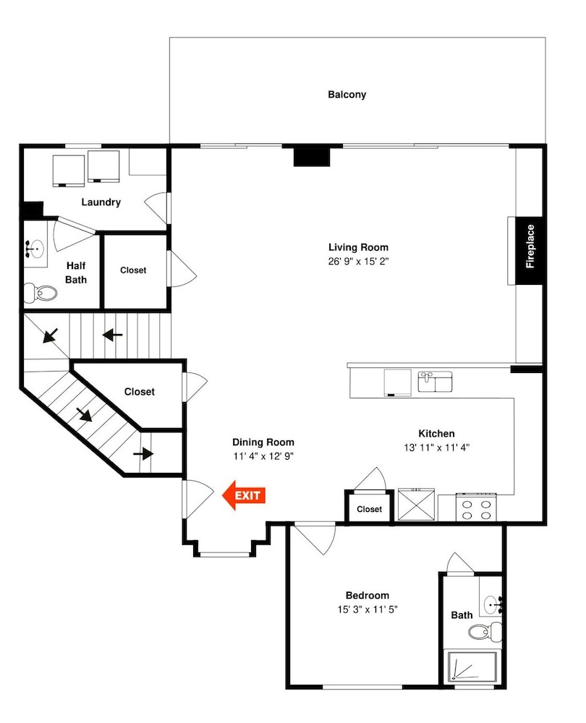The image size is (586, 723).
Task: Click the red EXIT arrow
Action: tap(244, 495)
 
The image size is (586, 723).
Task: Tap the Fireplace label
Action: tap(530, 247)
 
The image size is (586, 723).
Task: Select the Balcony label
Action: tap(347, 95)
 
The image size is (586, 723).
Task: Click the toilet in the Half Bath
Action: tap(41, 293)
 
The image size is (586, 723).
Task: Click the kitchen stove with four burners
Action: tap(476, 508)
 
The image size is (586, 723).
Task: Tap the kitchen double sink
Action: tap(435, 382)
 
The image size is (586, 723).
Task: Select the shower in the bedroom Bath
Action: tap(472, 667)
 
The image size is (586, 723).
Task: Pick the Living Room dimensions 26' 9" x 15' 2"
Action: tap(359, 262)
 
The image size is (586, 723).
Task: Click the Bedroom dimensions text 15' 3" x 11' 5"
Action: tap(368, 609)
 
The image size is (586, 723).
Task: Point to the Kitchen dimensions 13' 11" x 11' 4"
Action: tap(436, 448)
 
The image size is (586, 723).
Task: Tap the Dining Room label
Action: tap(263, 442)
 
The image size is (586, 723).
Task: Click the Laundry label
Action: tap(101, 202)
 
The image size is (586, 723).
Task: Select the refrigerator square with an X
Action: tap(416, 505)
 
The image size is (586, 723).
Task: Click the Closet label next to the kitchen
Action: tap(369, 509)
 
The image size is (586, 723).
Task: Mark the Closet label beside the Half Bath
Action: tap(133, 270)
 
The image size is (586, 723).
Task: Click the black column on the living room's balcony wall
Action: tap(312, 156)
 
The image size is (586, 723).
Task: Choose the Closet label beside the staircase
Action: tap(140, 391)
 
